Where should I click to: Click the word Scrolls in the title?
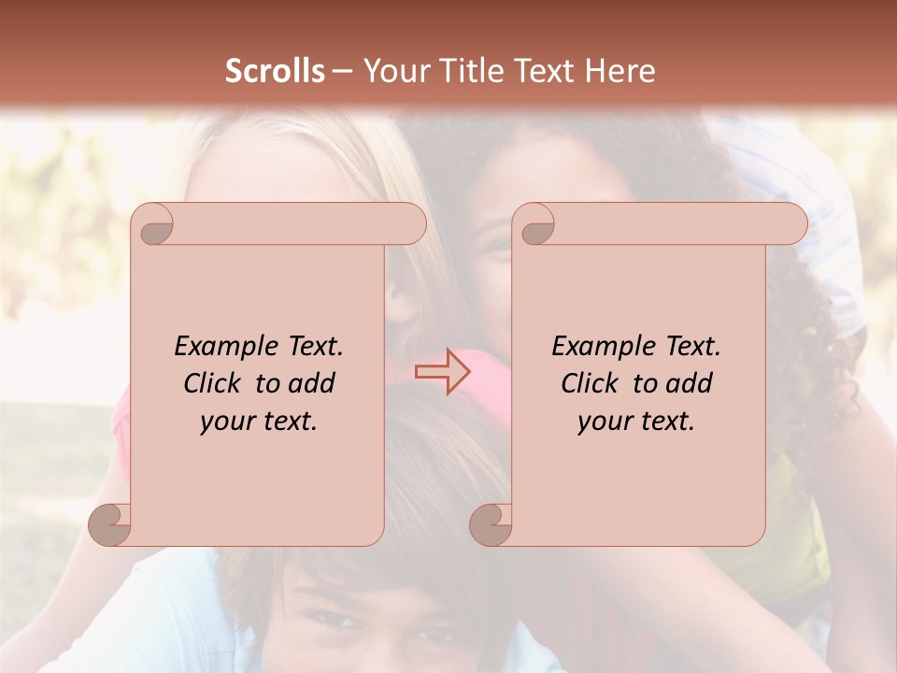tap(275, 71)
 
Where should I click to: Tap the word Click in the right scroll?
tap(590, 383)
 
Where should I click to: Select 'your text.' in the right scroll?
tap(636, 422)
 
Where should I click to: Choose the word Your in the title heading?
tap(393, 71)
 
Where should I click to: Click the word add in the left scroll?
tap(311, 383)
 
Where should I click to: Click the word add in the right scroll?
tap(689, 383)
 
